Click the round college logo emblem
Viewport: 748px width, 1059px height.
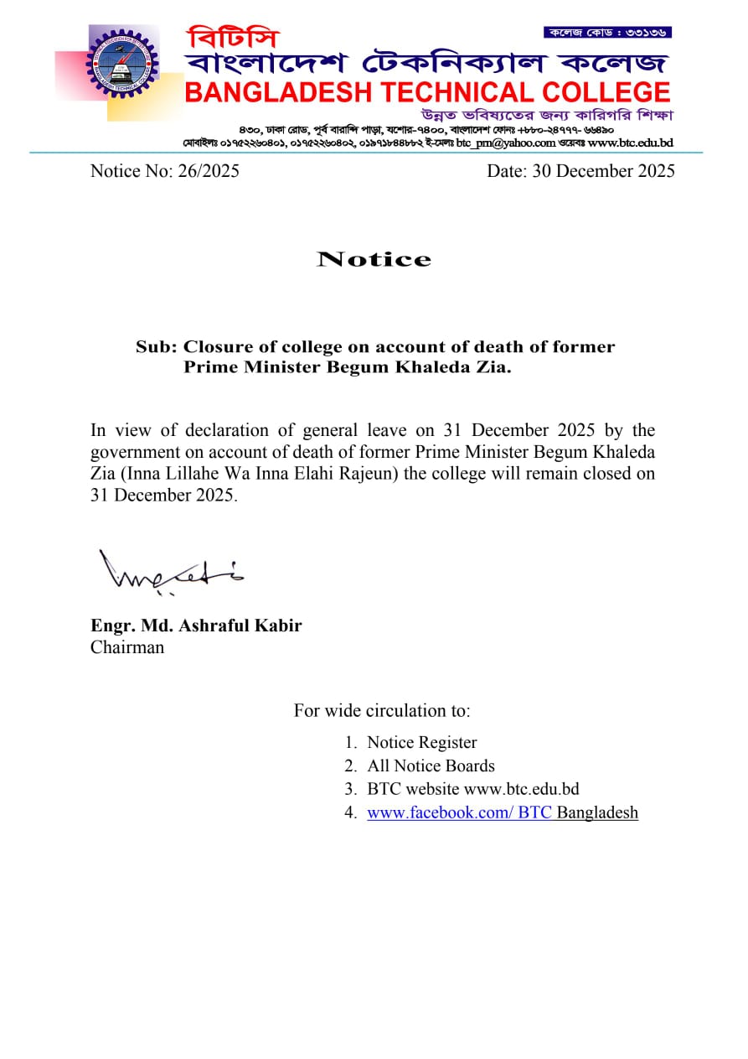pyautogui.click(x=122, y=63)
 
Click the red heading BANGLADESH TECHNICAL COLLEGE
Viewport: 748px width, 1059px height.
pyautogui.click(x=427, y=92)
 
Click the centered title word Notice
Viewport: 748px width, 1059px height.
pyautogui.click(x=374, y=259)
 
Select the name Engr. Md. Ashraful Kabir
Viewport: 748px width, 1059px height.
pyautogui.click(x=196, y=626)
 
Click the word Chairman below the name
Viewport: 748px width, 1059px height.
pyautogui.click(x=127, y=647)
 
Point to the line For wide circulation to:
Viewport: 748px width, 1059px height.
pyautogui.click(x=382, y=711)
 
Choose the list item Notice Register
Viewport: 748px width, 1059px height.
pyautogui.click(x=421, y=742)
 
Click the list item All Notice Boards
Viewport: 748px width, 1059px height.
pyautogui.click(x=431, y=766)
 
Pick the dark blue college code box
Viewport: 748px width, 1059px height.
pyautogui.click(x=607, y=33)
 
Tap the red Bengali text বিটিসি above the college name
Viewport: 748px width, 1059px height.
pyautogui.click(x=234, y=38)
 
